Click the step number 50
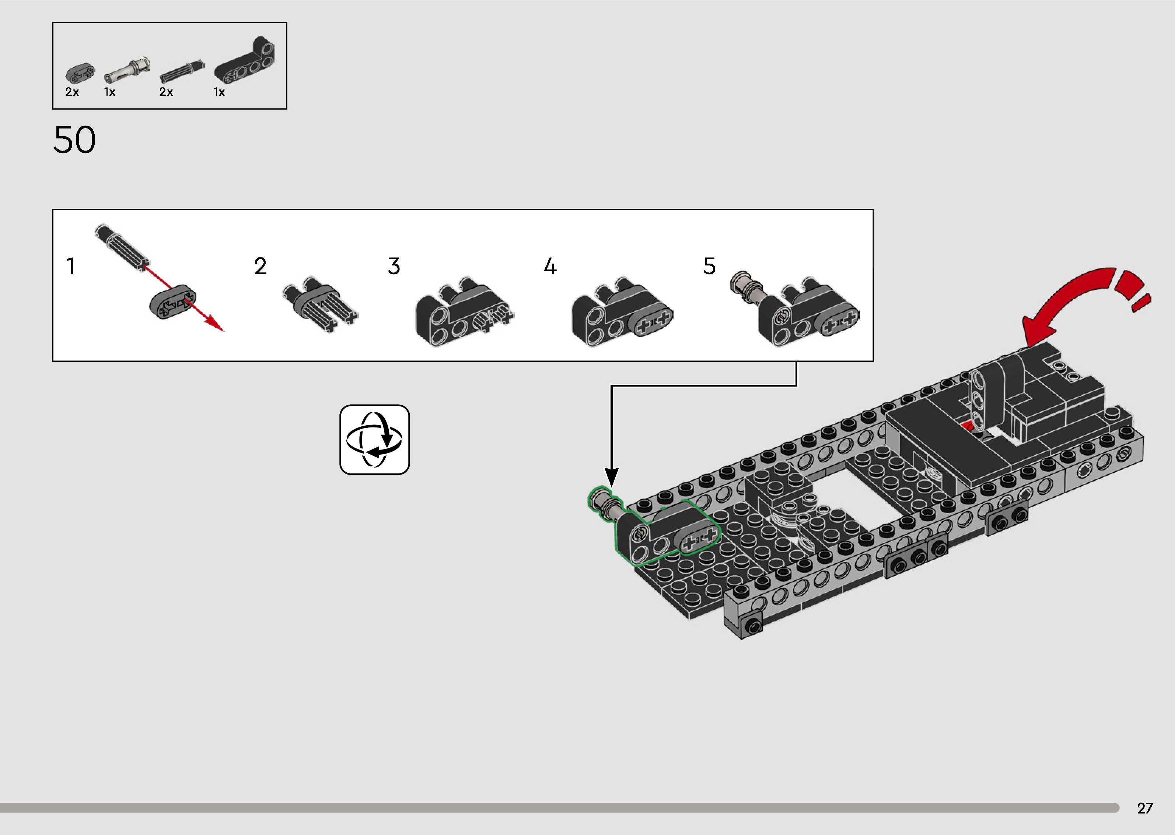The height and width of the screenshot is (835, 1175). (74, 140)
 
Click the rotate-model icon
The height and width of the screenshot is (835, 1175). (374, 440)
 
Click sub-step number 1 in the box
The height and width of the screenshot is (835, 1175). (71, 266)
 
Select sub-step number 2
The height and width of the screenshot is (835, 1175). (260, 266)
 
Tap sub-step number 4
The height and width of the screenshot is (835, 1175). (550, 266)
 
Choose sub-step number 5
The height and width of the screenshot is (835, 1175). (709, 266)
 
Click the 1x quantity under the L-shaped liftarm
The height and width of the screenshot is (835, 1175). (219, 92)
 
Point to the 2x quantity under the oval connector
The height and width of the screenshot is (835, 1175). (72, 92)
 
